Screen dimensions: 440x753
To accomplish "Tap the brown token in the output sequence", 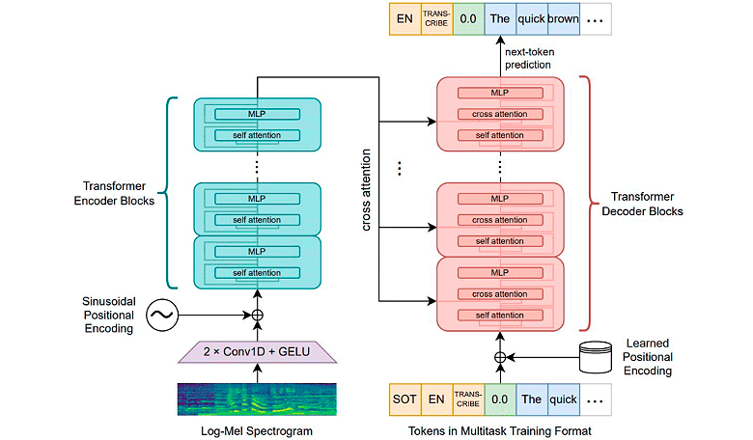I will [x=564, y=18].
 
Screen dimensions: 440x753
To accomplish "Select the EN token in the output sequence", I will [x=404, y=18].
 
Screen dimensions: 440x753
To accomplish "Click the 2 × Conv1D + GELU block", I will [x=258, y=354].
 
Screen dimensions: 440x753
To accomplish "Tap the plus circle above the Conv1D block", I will [x=258, y=315].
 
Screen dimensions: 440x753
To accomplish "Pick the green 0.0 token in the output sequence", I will [x=468, y=18].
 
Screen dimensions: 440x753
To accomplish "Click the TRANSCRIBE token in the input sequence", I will [x=468, y=397].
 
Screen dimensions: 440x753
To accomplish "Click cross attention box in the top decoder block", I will [x=499, y=115].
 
